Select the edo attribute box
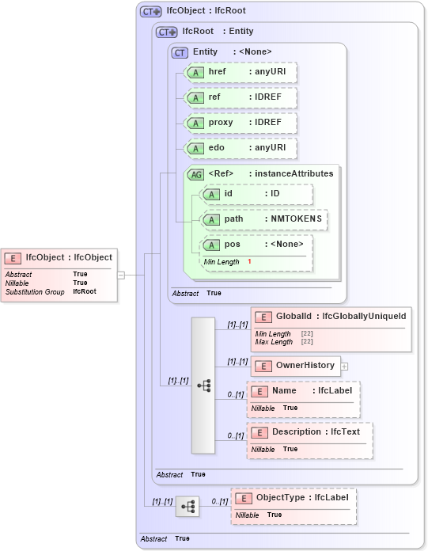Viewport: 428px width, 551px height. (x=240, y=148)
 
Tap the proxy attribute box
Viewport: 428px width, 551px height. (x=240, y=123)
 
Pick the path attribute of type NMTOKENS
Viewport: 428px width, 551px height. (x=264, y=219)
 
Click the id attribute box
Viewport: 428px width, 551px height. (x=256, y=194)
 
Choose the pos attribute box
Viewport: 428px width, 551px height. (x=256, y=245)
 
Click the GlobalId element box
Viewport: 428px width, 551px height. (x=331, y=317)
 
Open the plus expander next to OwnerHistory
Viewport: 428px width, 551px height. (x=344, y=366)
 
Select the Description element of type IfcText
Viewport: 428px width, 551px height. (x=309, y=432)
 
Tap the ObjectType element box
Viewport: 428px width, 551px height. (x=294, y=498)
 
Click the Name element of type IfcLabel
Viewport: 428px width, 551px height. (x=303, y=391)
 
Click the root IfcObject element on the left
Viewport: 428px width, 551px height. (x=60, y=257)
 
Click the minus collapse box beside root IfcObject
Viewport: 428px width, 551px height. (x=121, y=275)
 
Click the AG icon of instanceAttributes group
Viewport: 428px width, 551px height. (x=195, y=173)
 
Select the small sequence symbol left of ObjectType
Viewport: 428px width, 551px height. (x=187, y=507)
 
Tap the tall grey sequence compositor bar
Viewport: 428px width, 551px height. (x=203, y=386)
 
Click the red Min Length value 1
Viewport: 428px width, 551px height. (x=249, y=262)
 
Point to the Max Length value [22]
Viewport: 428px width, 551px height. (x=307, y=342)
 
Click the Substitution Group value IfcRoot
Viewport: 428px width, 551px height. (x=85, y=292)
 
